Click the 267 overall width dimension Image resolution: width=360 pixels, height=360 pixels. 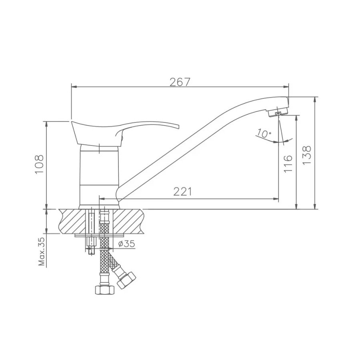coord(180,82)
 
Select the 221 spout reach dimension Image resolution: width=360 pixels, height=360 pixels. coord(183,192)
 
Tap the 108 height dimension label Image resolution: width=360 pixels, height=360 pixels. coord(39,164)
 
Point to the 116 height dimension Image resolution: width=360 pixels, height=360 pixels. coord(288,164)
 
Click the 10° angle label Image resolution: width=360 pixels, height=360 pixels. coord(264,133)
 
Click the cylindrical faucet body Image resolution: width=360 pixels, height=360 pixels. coord(99,176)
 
